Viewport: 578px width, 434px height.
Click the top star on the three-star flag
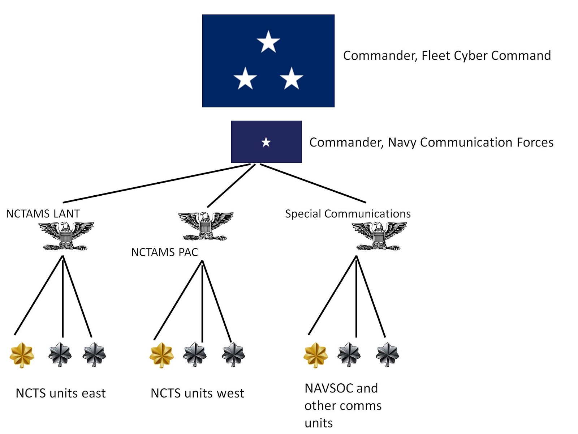268,42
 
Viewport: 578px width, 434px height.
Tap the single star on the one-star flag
266,142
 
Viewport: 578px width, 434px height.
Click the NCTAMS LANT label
43,214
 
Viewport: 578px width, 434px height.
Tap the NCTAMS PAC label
164,252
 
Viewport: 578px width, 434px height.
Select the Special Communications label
348,214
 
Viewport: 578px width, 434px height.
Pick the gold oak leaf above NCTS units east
22,355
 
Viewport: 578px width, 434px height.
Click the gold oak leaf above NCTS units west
161,355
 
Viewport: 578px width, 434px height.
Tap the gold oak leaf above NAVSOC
315,355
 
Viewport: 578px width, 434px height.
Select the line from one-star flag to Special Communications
312,183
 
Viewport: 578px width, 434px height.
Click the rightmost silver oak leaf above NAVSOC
387,354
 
